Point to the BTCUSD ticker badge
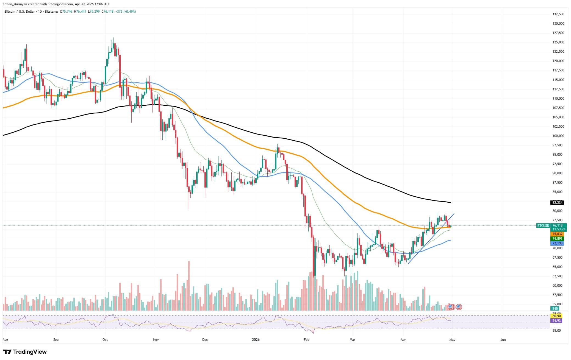[x=543, y=226]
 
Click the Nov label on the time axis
[x=156, y=340]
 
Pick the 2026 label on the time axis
[x=256, y=340]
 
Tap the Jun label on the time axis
[x=503, y=340]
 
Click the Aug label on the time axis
[x=5, y=340]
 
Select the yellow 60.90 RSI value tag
[x=557, y=316]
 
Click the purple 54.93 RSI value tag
[x=557, y=320]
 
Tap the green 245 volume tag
[x=555, y=309]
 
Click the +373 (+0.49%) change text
[x=125, y=12]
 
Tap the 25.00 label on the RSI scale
[x=557, y=330]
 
